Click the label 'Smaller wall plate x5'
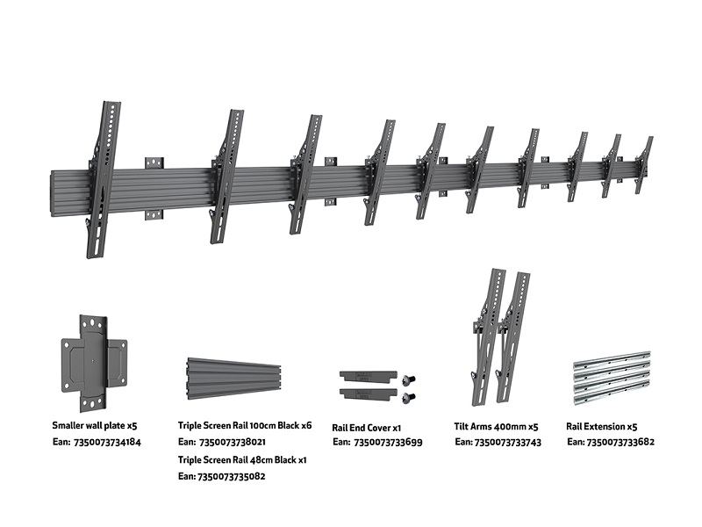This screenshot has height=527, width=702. click(x=94, y=426)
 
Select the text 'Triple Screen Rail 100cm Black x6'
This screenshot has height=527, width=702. click(x=245, y=426)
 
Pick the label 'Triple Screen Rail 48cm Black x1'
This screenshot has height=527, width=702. click(x=241, y=459)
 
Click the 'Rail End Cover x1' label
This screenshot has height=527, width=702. click(x=367, y=427)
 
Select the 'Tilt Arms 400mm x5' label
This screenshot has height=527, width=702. click(x=495, y=426)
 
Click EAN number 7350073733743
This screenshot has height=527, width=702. click(x=498, y=442)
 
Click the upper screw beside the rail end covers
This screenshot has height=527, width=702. click(x=407, y=379)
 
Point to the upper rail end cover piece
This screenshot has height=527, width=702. click(x=364, y=375)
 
